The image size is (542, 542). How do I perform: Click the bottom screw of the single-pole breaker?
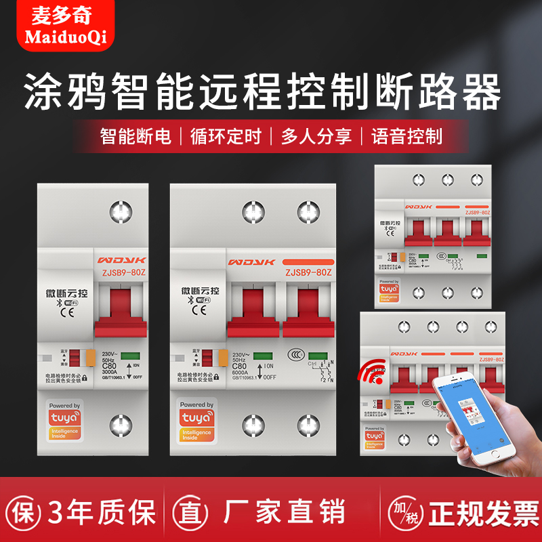tap(121, 426)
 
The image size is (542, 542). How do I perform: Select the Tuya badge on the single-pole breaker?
tap(64, 422)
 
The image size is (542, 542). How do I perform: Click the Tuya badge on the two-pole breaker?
tap(196, 422)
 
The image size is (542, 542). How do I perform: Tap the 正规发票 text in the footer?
tap(474, 512)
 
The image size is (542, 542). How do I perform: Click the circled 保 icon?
tap(22, 512)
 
